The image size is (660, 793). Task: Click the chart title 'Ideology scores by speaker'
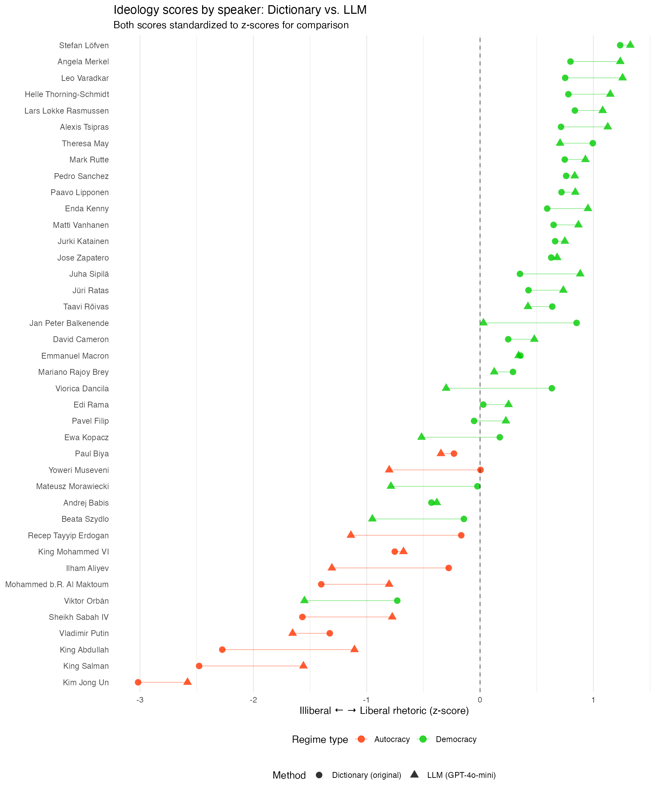(x=240, y=10)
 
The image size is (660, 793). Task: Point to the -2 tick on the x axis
(x=253, y=700)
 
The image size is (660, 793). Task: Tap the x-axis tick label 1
(x=593, y=700)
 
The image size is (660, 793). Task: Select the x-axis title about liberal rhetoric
(x=384, y=711)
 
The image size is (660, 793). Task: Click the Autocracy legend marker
(x=361, y=739)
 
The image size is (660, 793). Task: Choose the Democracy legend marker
(x=423, y=739)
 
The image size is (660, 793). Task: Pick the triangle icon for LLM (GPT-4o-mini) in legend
(x=414, y=774)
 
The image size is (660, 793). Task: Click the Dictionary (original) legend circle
(x=319, y=775)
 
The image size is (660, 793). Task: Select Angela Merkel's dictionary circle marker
(x=570, y=62)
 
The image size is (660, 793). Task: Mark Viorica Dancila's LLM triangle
(x=446, y=388)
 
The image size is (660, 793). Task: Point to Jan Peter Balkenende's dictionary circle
(x=576, y=323)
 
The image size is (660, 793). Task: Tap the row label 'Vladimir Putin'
(x=84, y=634)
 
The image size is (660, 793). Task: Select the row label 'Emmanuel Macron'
(x=75, y=356)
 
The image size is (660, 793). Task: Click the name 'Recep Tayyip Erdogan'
(x=68, y=536)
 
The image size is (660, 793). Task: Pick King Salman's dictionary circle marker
(x=199, y=666)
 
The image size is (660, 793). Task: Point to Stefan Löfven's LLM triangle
(x=630, y=44)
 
